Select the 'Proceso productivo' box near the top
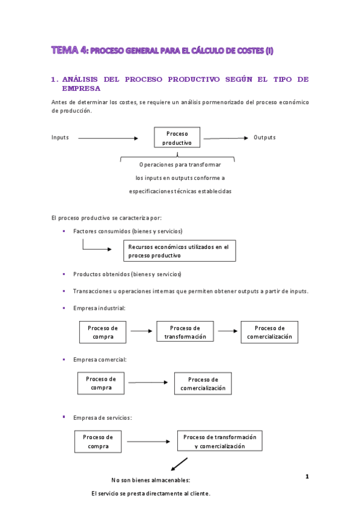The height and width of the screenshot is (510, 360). point(177,138)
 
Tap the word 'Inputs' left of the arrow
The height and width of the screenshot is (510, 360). point(60,138)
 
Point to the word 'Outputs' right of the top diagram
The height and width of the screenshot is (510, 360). point(264,138)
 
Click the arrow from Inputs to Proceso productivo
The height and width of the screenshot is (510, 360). point(108,138)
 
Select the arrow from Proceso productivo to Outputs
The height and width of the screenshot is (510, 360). point(225,138)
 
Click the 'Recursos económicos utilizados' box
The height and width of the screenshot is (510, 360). point(179,251)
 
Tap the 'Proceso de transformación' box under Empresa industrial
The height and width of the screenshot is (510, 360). point(185,332)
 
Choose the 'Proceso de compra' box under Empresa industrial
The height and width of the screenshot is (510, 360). point(103,332)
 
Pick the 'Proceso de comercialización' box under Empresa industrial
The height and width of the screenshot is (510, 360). point(269,332)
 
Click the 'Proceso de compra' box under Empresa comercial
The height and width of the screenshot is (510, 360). point(101,383)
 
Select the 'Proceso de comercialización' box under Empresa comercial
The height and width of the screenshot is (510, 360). point(203,384)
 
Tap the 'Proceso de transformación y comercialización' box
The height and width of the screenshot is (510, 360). point(220,441)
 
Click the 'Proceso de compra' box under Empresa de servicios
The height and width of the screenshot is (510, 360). point(98,441)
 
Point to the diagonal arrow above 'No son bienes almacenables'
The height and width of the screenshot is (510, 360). point(178,464)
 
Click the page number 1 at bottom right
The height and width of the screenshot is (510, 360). point(307,477)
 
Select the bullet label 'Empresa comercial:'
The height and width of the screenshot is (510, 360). point(100,360)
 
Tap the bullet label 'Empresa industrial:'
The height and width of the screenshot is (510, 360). point(99,308)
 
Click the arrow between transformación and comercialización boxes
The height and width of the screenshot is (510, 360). point(228,331)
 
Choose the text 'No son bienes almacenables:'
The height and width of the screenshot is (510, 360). point(151,481)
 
